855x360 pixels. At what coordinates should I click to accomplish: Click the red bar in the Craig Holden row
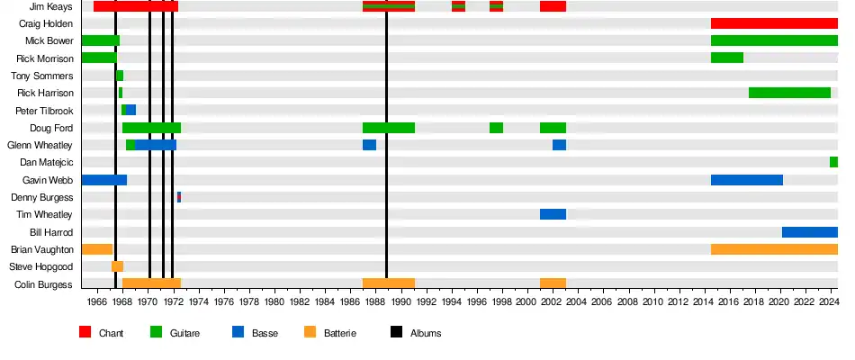774,23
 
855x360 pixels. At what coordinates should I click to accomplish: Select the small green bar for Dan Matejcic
833,162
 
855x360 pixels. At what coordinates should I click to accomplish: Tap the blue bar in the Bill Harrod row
809,232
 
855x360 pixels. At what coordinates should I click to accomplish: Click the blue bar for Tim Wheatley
553,214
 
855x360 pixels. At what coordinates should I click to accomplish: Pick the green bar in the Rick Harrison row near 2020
789,93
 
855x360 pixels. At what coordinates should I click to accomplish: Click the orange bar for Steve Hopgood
117,266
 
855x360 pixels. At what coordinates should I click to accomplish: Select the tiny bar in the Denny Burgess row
179,197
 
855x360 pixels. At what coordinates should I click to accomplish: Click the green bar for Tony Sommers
120,76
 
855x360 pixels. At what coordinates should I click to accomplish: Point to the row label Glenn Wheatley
40,145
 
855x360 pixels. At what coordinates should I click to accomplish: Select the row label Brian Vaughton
42,249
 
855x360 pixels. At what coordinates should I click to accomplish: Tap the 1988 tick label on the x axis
375,301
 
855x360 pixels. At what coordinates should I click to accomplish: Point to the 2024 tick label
829,301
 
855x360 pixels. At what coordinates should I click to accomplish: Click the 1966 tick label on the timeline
98,301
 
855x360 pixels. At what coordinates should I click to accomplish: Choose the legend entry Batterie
340,333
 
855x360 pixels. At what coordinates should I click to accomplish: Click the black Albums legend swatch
396,332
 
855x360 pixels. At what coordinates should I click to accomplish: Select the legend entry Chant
111,333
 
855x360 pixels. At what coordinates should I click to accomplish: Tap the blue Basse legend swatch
238,332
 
